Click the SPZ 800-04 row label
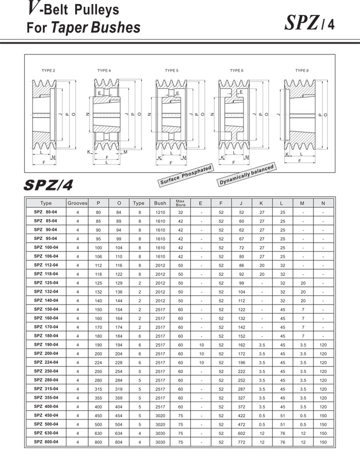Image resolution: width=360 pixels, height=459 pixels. [x=46, y=442]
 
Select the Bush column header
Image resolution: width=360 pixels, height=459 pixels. [x=160, y=203]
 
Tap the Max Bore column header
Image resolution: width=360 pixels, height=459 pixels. [x=180, y=203]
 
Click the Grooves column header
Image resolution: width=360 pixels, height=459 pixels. [x=77, y=203]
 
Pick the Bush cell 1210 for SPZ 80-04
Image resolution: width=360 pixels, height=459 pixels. [x=160, y=212]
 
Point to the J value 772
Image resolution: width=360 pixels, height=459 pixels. [x=241, y=442]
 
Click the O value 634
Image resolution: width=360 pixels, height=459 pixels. [x=119, y=433]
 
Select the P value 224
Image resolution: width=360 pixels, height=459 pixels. [x=98, y=363]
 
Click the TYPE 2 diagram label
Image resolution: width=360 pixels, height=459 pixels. [x=49, y=71]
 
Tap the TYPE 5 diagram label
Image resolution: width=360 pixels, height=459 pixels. [x=171, y=71]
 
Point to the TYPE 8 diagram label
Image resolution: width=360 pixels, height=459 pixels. [x=302, y=71]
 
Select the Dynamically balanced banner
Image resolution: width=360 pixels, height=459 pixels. [x=247, y=174]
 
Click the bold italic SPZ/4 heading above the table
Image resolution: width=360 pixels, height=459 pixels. [x=49, y=185]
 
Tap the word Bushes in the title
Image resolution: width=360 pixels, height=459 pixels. [x=112, y=27]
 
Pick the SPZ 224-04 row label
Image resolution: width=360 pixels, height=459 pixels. [x=46, y=363]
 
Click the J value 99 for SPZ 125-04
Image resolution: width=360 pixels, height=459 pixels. [x=241, y=283]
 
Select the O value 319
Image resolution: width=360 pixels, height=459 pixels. [x=119, y=389]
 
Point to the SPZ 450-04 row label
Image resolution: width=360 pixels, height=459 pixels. [x=46, y=415]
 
